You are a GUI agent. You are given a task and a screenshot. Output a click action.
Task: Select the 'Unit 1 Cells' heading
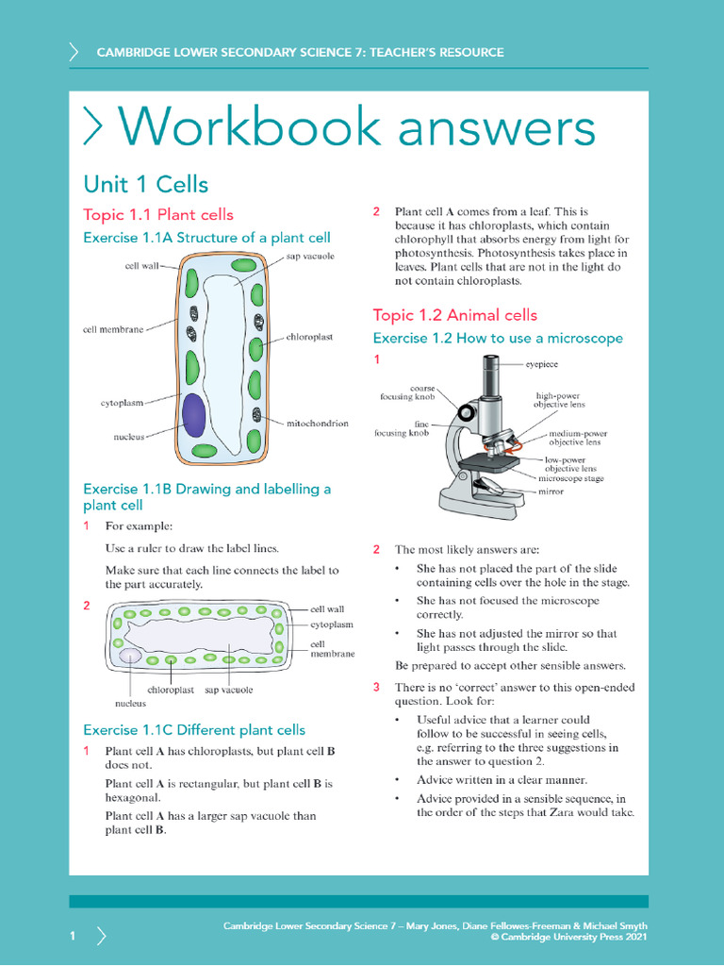coord(145,183)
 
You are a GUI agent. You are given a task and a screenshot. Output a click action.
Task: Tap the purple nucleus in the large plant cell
coord(193,415)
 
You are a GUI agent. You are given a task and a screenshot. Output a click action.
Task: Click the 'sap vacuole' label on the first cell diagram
coord(310,256)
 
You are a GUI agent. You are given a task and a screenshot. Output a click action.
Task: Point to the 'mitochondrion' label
coord(317,424)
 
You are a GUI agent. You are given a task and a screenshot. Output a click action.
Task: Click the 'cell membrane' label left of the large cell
coord(113,329)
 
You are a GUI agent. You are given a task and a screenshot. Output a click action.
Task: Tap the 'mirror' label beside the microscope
coord(551,491)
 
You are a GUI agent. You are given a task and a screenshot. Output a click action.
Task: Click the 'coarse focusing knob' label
coord(409,391)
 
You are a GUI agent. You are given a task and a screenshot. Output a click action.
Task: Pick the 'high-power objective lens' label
coord(559,400)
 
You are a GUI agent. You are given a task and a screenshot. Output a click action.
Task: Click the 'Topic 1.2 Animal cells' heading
coord(454,315)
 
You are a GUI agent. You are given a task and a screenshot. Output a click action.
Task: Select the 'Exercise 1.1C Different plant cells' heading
coord(194,729)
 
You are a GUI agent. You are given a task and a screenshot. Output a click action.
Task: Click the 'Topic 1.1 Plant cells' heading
coord(158,214)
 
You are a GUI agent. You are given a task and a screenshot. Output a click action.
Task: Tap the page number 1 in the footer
coord(72,935)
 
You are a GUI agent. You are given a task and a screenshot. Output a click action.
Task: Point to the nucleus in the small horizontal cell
coord(130,657)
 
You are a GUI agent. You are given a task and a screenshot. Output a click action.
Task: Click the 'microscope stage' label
coord(570,478)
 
